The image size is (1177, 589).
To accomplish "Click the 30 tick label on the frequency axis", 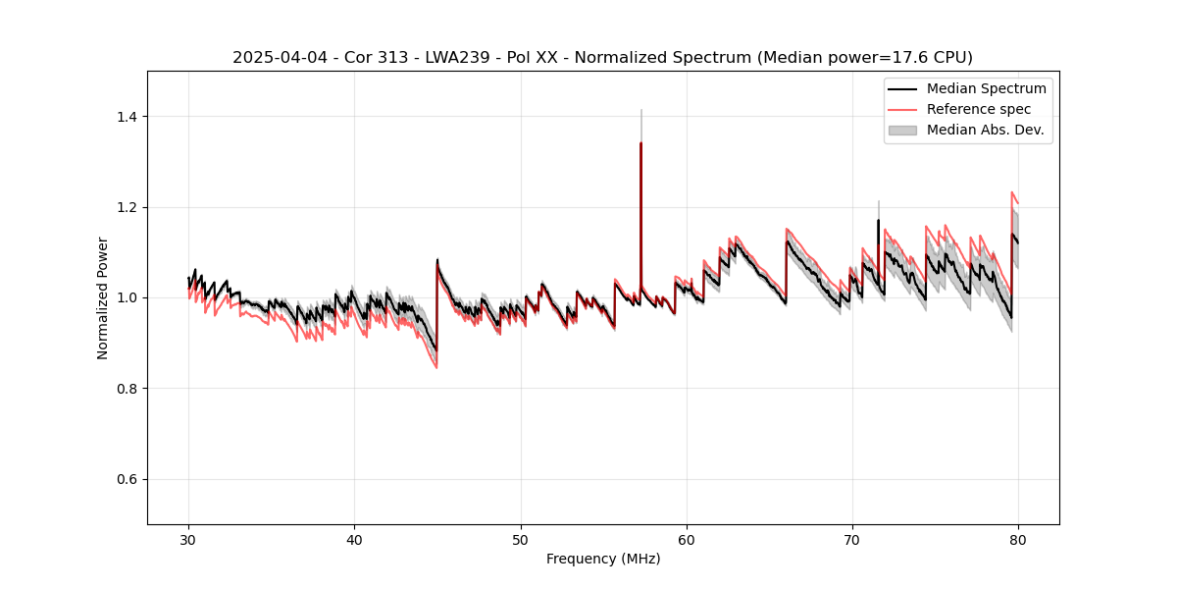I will click(188, 540).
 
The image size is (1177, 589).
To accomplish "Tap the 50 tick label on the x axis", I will click(521, 540).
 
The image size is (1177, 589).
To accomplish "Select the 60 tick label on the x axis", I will click(687, 540).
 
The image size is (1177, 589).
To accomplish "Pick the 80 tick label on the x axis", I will click(1018, 540).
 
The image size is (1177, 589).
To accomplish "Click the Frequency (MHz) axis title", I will click(603, 559).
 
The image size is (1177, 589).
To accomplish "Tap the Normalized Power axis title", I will click(103, 297).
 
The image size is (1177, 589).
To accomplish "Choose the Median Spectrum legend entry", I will click(986, 88).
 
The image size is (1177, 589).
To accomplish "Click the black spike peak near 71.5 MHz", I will click(878, 220).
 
